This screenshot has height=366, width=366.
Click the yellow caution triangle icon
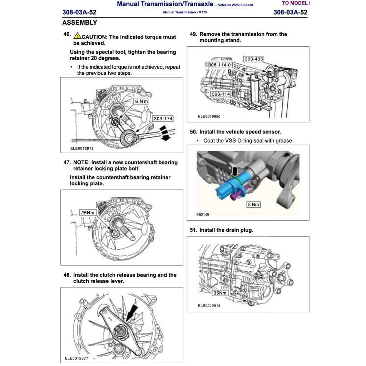pyautogui.click(x=77, y=36)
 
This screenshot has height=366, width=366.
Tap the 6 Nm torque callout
pyautogui.click(x=141, y=101)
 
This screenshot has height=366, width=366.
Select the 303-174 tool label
pyautogui.click(x=163, y=118)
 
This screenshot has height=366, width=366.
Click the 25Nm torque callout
pyautogui.click(x=88, y=213)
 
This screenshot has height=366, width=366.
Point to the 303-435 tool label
pyautogui.click(x=254, y=59)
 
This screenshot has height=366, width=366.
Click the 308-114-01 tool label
pyautogui.click(x=221, y=65)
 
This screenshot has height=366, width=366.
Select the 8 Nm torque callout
pyautogui.click(x=253, y=204)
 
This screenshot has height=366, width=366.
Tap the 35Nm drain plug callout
pyautogui.click(x=220, y=293)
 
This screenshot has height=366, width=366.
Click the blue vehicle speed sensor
pyautogui.click(x=228, y=186)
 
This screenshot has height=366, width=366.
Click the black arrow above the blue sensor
pyautogui.click(x=234, y=172)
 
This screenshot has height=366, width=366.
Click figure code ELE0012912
pyautogui.click(x=82, y=148)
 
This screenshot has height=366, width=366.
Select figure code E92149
pyautogui.click(x=203, y=215)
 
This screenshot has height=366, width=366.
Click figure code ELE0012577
pyautogui.click(x=76, y=358)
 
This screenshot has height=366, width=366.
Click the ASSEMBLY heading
pyautogui.click(x=80, y=23)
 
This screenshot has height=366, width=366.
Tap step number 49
pyautogui.click(x=193, y=34)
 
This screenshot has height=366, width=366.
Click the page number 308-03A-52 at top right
pyautogui.click(x=290, y=12)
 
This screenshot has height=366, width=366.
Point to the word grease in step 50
pyautogui.click(x=283, y=140)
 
